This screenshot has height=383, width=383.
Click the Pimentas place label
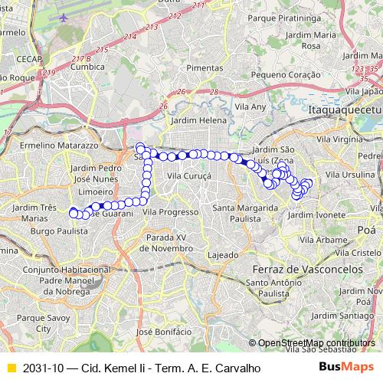coord(204,68)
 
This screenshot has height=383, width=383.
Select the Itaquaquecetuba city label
coord(345,111)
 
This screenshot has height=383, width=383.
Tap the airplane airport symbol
coord(63,17)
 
